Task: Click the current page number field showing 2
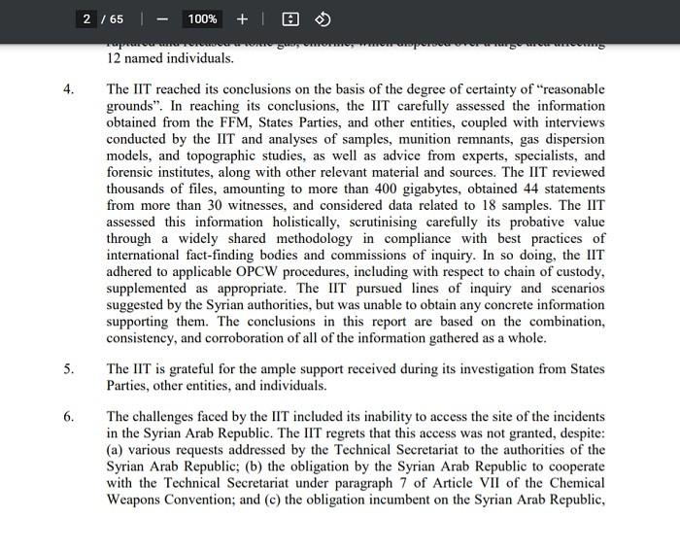[x=87, y=19]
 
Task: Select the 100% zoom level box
[x=202, y=19]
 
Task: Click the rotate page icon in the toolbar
[x=323, y=19]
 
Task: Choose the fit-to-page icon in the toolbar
[x=289, y=19]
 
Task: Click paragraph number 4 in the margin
[x=68, y=90]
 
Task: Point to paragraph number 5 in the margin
[x=68, y=369]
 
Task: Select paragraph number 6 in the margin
[x=68, y=417]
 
